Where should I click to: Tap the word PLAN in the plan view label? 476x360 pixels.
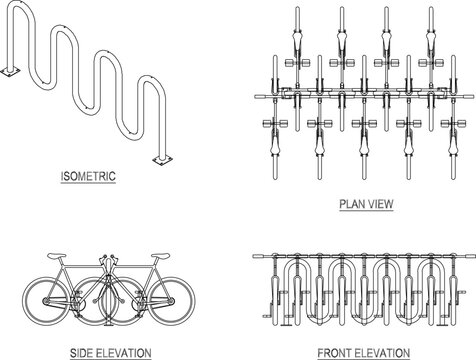point(352,205)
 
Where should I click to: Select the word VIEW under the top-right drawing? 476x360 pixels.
point(381,205)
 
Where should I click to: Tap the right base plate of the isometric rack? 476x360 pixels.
point(159,157)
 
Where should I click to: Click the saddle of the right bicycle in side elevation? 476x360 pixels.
point(159,256)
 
